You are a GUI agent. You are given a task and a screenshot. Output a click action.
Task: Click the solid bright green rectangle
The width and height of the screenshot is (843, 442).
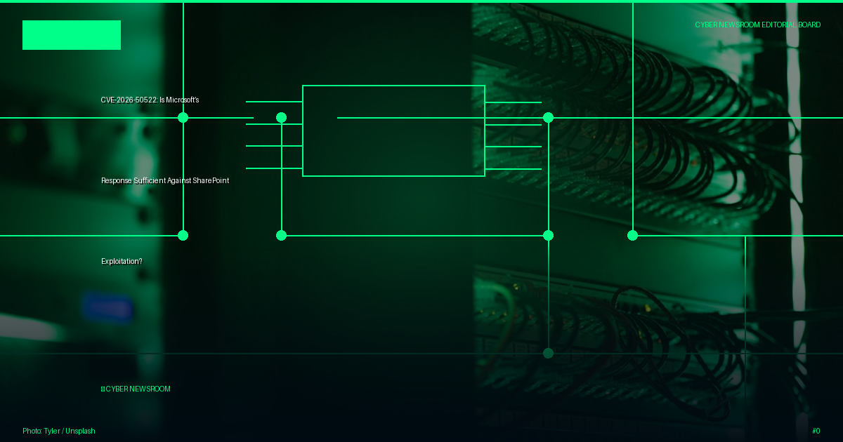(72, 35)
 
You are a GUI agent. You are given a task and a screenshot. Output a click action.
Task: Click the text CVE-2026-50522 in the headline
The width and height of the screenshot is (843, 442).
(129, 100)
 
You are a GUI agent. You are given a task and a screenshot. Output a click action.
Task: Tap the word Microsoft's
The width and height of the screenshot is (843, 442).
(183, 100)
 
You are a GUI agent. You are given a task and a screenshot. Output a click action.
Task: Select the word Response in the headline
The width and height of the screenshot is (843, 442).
(117, 181)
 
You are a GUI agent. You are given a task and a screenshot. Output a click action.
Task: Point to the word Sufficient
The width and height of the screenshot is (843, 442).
(150, 181)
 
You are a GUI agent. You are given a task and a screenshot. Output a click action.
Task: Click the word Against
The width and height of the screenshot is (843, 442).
(178, 181)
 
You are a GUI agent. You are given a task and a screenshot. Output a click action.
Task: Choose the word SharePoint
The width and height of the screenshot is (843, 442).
(211, 181)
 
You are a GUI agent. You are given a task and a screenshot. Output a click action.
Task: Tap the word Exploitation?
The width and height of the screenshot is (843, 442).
(122, 261)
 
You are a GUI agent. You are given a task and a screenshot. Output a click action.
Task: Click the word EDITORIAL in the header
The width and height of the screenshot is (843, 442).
(778, 25)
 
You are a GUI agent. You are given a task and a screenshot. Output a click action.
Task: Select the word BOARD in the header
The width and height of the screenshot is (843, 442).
(809, 25)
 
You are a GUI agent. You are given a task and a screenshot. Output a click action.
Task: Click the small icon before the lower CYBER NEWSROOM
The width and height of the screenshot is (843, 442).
(103, 389)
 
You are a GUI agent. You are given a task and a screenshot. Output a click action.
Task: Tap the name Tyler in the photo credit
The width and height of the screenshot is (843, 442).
(52, 431)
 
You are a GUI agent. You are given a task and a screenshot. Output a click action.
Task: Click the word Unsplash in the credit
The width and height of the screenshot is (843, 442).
(80, 431)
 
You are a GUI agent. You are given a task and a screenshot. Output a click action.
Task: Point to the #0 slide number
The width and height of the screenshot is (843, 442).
(816, 431)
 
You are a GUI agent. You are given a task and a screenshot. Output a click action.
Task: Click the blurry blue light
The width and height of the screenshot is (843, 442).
(107, 309)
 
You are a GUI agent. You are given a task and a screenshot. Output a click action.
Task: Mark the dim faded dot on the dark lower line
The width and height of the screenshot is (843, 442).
(549, 354)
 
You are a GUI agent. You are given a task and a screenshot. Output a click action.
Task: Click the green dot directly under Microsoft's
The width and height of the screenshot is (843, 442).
(183, 118)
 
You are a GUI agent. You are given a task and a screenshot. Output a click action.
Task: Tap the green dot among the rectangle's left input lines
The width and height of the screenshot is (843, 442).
(281, 118)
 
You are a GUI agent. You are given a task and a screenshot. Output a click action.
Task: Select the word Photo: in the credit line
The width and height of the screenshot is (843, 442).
(32, 431)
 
